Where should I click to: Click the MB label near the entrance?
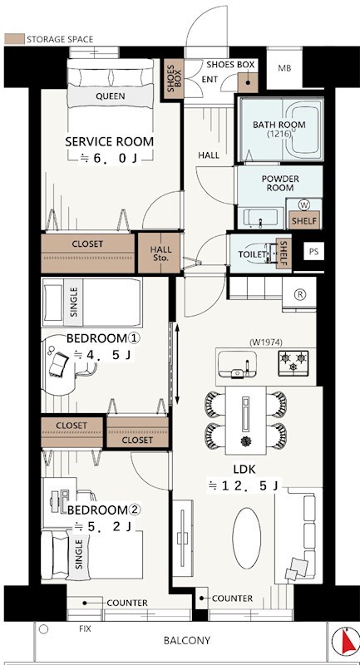click(284, 68)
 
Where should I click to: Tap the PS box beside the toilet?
click(313, 252)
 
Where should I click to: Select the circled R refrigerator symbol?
click(299, 295)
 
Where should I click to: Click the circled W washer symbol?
click(304, 204)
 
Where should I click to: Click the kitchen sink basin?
click(237, 365)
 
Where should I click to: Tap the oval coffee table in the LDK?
click(247, 538)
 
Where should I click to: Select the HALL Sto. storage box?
click(160, 253)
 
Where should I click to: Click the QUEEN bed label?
click(111, 96)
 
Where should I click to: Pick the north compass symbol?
click(346, 640)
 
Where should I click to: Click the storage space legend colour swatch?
click(14, 39)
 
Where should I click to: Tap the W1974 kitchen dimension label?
click(266, 342)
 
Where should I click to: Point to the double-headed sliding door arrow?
click(177, 363)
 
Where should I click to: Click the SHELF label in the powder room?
click(304, 220)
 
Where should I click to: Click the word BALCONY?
click(187, 640)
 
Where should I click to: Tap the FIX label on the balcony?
click(85, 628)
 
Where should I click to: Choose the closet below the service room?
click(88, 253)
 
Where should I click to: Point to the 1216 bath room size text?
click(280, 134)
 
